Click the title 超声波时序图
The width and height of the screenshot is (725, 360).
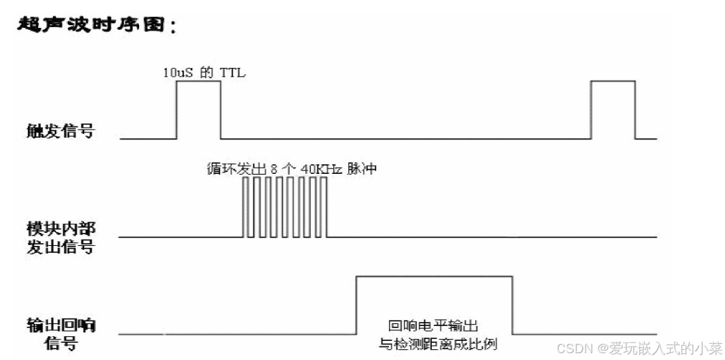click(95, 26)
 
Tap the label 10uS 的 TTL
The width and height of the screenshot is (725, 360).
click(203, 73)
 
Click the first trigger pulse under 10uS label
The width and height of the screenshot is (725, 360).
click(198, 109)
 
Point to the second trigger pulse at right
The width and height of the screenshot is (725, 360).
click(612, 109)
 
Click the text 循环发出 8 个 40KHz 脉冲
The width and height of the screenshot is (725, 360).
click(291, 168)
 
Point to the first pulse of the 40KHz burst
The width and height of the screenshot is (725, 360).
click(246, 208)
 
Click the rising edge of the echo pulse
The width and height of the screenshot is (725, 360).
click(356, 305)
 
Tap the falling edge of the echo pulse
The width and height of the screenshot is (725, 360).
click(511, 305)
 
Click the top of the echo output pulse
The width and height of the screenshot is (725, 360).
click(434, 276)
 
